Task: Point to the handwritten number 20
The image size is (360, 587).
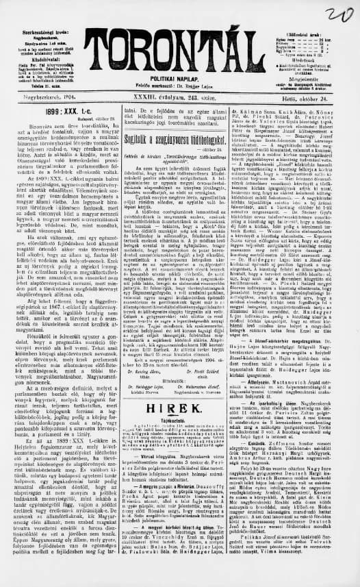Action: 338,15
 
